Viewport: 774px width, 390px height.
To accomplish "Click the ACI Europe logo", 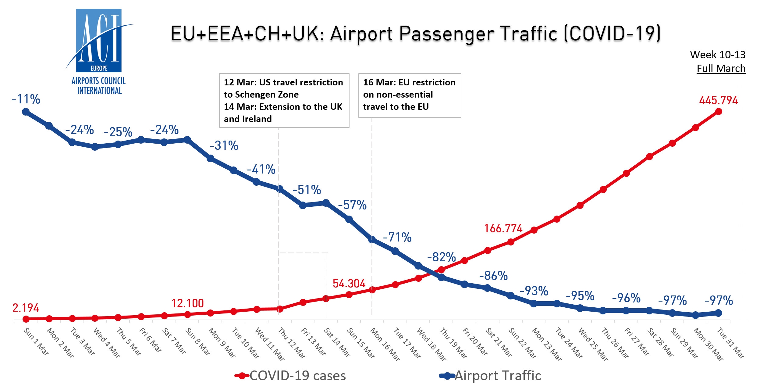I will click(99, 52).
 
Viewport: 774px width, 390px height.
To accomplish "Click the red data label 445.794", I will click(718, 100).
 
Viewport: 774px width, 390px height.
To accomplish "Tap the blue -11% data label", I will click(26, 99).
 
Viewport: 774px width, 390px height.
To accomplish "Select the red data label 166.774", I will click(503, 228).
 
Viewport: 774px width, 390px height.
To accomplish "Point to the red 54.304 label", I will click(349, 284).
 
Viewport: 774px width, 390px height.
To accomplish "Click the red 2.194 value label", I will click(26, 308).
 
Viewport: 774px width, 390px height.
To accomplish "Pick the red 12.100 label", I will click(187, 303).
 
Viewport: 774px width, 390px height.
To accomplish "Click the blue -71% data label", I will click(397, 238).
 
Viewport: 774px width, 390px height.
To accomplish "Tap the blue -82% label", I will click(441, 257).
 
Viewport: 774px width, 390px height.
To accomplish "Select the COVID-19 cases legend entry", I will click(291, 376).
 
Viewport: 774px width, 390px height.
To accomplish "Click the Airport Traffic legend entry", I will click(491, 376).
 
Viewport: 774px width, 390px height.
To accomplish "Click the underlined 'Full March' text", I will click(721, 69).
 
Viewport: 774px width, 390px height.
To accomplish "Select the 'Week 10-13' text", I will click(718, 55).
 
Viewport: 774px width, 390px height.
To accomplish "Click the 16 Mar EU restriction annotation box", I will click(410, 95).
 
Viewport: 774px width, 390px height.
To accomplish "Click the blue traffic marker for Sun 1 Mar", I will click(26, 112).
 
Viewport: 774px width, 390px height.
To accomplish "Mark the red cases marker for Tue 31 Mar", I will click(718, 112).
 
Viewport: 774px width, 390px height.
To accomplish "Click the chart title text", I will click(416, 33).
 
